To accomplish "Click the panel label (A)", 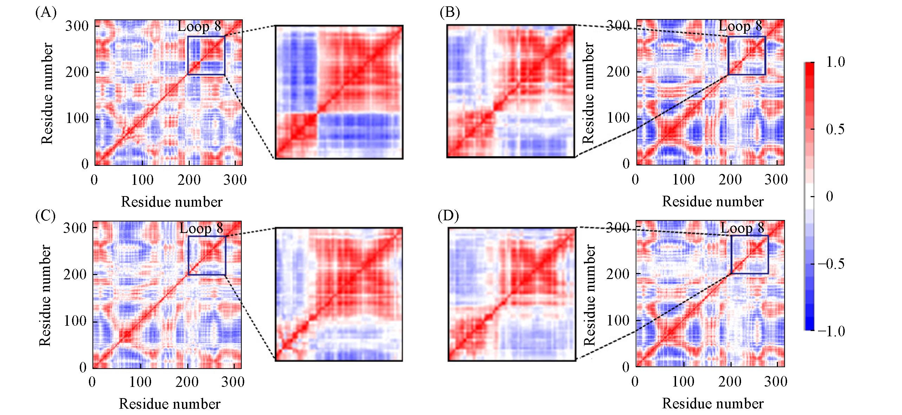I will (46, 13).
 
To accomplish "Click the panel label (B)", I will (449, 13).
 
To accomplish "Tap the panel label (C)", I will (45, 215).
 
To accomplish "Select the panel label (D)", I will (448, 215).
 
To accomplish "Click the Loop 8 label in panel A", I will (199, 26).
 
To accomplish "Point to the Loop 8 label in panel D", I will (742, 228).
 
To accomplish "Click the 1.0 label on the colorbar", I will (835, 62).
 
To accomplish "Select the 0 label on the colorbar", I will (829, 196).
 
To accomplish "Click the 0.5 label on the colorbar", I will (835, 129).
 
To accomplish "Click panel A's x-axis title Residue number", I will (172, 202).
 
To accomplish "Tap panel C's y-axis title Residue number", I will (45, 295).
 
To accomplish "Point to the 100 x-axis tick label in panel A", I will (142, 180).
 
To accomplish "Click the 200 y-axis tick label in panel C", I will (75, 274).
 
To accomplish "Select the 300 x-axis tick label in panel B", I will (776, 180).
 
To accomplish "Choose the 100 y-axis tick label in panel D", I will (618, 320).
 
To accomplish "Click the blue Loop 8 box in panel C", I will (207, 255).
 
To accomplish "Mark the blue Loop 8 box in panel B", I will (747, 56).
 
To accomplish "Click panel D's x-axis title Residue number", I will (713, 404).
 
